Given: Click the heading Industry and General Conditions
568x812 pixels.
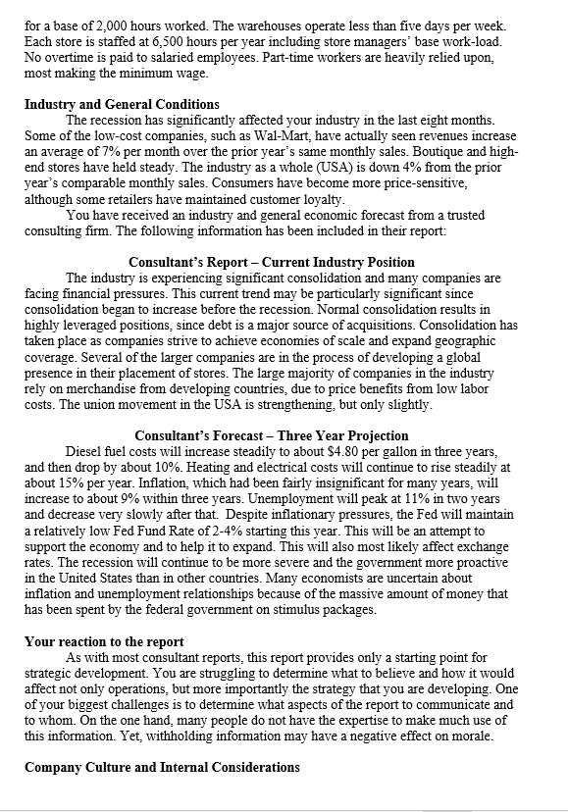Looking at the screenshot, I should click(122, 105).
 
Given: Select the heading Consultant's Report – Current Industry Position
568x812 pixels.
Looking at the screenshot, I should click(272, 263).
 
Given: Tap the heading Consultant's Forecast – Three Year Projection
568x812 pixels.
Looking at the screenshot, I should click(272, 435).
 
